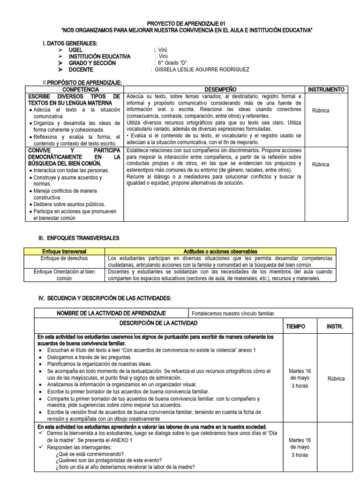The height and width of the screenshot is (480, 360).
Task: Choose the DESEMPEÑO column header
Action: tap(214, 89)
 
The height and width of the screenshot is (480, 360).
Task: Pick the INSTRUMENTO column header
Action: tap(327, 89)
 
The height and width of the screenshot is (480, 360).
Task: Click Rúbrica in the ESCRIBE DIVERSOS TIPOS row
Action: tap(321, 111)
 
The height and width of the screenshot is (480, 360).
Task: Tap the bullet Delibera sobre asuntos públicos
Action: tap(69, 204)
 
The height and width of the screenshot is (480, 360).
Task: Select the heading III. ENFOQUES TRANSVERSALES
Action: tap(78, 238)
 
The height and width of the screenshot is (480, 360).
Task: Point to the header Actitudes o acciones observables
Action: tap(220, 252)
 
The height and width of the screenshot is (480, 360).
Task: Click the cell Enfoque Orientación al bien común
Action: tap(64, 275)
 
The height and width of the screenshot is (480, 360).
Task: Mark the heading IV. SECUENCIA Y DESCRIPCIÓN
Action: tap(104, 298)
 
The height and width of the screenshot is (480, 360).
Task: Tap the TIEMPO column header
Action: tap(295, 326)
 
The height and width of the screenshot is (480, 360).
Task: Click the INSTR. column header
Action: tap(335, 326)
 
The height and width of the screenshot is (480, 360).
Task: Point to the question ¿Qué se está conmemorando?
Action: tap(90, 454)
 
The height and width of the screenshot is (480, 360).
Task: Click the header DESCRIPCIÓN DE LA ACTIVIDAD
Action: tap(158, 323)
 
